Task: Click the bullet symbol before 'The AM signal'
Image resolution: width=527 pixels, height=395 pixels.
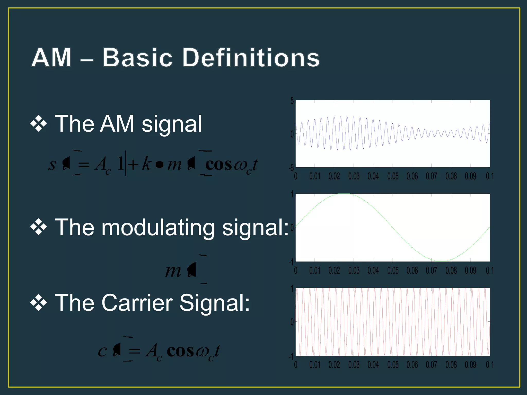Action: click(39, 124)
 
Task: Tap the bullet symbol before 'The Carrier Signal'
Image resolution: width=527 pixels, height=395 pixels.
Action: click(39, 303)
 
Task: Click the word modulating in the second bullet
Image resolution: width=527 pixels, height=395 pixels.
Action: click(158, 228)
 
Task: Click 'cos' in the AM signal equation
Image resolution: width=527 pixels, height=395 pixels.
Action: click(218, 165)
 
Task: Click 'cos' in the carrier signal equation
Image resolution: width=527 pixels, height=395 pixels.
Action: click(180, 351)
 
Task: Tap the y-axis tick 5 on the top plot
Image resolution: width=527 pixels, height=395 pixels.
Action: click(292, 101)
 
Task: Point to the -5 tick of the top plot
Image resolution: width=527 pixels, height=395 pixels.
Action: click(291, 168)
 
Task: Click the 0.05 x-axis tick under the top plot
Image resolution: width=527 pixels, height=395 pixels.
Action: click(393, 176)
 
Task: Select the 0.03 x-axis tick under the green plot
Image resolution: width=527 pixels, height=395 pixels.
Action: click(354, 271)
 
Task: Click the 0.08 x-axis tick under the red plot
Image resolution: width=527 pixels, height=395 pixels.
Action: click(451, 365)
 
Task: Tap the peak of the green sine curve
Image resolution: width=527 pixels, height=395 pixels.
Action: click(344, 194)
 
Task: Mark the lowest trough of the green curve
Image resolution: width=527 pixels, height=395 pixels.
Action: click(441, 261)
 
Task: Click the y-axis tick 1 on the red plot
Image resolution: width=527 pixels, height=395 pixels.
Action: click(292, 289)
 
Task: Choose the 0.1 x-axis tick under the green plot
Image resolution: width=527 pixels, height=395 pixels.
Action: click(489, 271)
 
